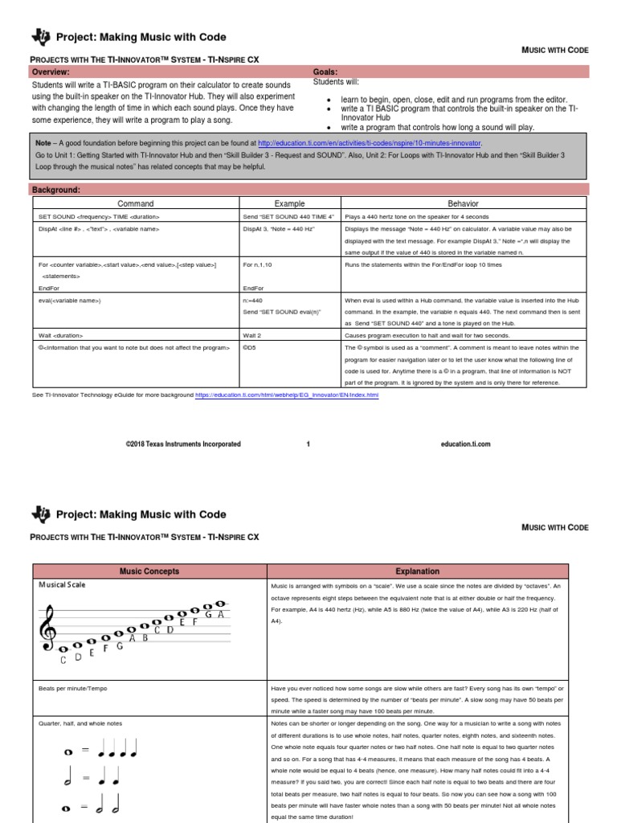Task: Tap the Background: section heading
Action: coord(55,189)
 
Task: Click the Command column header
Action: coord(135,204)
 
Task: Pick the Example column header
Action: coord(290,204)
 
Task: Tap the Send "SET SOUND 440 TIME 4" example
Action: coord(288,217)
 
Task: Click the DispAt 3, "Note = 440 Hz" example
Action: coord(278,230)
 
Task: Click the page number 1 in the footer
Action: coord(308,444)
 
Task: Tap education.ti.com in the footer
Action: coord(465,444)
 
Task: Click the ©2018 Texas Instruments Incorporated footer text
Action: coord(183,444)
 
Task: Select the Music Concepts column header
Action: coord(149,571)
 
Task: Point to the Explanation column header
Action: coord(418,571)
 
